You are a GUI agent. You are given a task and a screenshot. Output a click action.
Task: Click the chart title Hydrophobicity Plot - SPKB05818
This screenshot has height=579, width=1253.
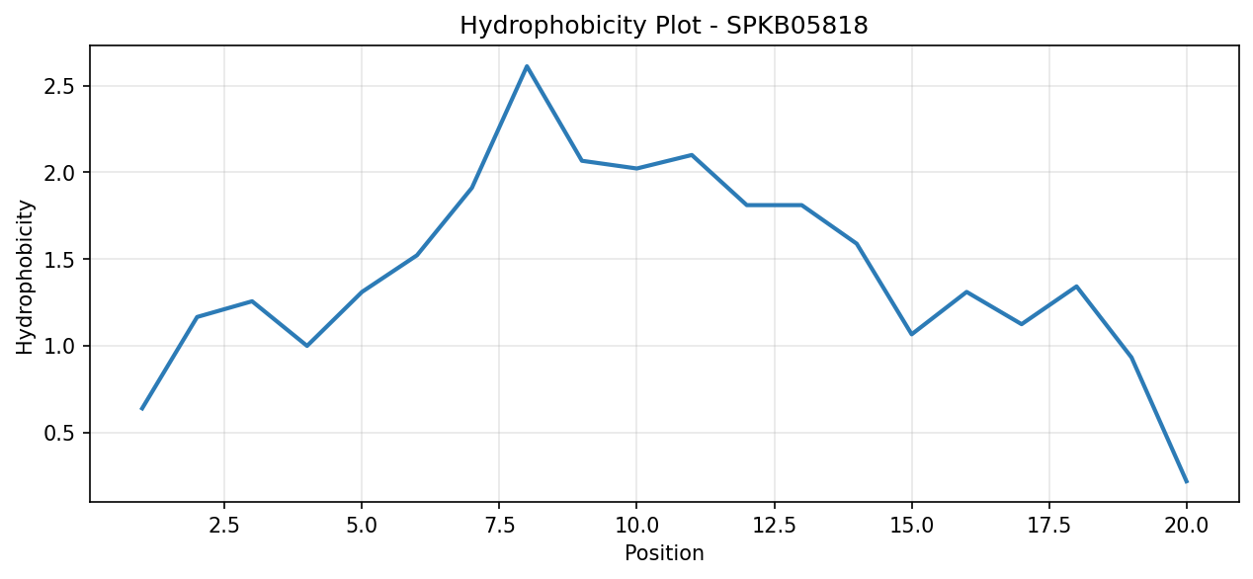(663, 26)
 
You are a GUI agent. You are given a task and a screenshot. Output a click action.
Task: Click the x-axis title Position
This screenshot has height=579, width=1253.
(664, 553)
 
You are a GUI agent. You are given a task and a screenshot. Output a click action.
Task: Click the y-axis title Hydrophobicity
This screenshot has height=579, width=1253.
(25, 277)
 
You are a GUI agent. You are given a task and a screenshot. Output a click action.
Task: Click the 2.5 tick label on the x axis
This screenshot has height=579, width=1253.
(223, 526)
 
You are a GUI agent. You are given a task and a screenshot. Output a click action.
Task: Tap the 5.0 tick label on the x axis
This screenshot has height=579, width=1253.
(362, 526)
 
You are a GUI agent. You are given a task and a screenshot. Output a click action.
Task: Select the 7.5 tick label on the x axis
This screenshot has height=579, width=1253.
(499, 526)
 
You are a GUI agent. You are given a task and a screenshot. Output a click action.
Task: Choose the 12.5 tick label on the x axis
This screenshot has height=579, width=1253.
(774, 526)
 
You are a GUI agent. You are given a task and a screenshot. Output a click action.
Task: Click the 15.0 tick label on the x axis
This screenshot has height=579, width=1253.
(912, 526)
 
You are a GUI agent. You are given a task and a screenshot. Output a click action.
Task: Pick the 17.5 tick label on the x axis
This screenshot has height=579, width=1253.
(1049, 526)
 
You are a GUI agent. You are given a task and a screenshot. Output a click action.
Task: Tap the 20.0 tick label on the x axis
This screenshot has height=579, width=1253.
(1187, 526)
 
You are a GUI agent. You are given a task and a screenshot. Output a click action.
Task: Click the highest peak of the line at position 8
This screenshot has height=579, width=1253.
(527, 66)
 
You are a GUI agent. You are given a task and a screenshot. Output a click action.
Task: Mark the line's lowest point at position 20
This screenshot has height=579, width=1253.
(1187, 481)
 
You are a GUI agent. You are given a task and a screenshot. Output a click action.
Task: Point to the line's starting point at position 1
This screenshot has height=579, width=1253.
(141, 409)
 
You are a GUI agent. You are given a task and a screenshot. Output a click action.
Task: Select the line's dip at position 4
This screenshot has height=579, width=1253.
(306, 346)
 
